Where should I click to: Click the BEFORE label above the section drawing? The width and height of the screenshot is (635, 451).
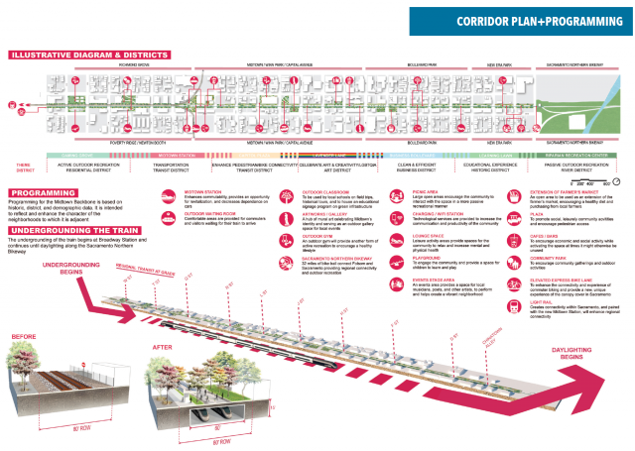(23, 336)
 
